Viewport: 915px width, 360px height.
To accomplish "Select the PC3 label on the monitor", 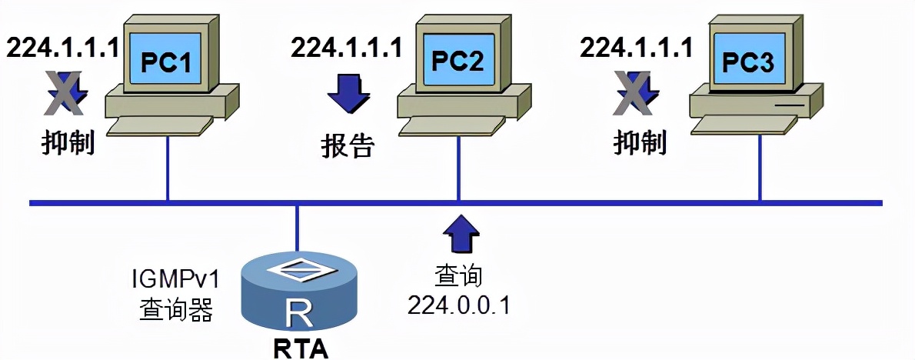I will tap(747, 62).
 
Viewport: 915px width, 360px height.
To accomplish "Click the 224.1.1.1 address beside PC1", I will tap(64, 47).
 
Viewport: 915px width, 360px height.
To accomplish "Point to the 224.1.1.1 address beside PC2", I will tap(347, 47).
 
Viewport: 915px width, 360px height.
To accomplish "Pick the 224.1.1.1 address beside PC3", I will tap(636, 47).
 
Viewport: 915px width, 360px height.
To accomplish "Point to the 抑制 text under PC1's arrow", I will tap(68, 142).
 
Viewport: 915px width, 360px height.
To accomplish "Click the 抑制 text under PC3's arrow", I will tap(640, 142).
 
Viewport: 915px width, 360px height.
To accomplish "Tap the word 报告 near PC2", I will tap(348, 146).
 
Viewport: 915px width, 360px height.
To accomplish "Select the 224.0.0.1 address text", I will tap(459, 305).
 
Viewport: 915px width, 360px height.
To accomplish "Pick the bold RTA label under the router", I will tap(301, 348).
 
